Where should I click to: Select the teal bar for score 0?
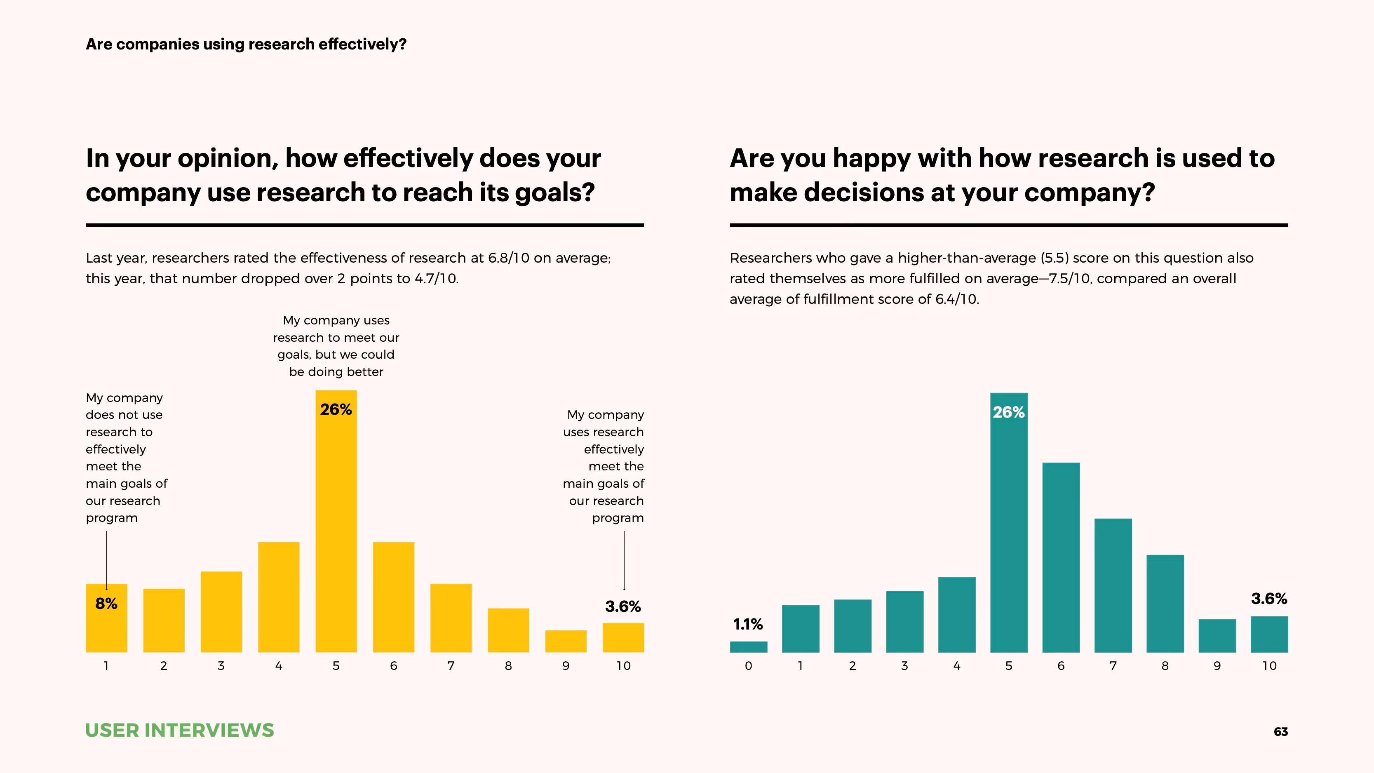[748, 646]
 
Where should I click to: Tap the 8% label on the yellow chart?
[106, 604]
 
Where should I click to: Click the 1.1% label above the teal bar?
[748, 624]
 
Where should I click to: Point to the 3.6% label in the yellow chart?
[622, 606]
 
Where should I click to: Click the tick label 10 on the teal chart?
[1269, 666]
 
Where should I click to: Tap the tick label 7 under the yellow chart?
[451, 666]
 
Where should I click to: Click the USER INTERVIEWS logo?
[179, 730]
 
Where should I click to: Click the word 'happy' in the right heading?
[871, 158]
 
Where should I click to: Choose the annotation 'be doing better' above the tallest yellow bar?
[336, 372]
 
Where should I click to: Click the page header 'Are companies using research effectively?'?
[246, 44]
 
